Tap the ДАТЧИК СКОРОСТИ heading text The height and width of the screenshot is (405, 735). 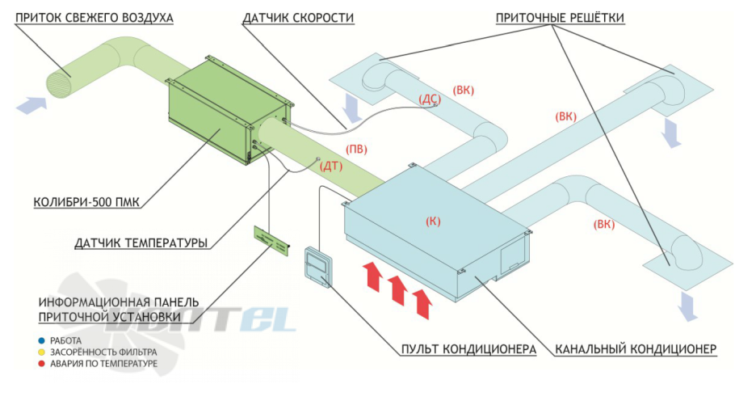[x=297, y=17]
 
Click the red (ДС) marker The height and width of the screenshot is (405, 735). [x=430, y=98]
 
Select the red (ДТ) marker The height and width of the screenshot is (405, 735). [x=332, y=167]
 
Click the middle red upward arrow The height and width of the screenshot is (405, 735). [x=396, y=289]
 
